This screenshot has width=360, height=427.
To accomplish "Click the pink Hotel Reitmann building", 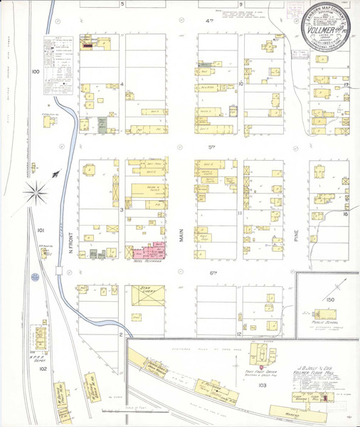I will pyautogui.click(x=152, y=250).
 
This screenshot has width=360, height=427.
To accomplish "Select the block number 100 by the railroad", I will pyautogui.click(x=36, y=72).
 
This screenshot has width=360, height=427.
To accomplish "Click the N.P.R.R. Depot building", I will pyautogui.click(x=42, y=334).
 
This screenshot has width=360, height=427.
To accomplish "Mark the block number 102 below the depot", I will pyautogui.click(x=42, y=369).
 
